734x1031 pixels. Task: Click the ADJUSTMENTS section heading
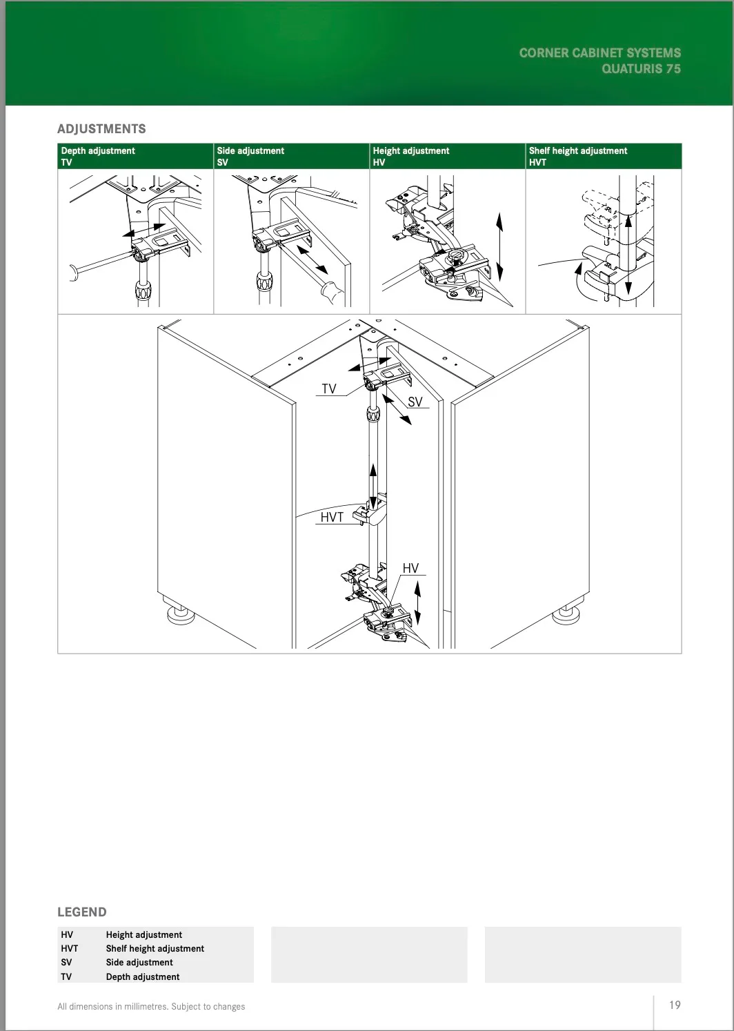(101, 129)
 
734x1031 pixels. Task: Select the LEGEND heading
(82, 912)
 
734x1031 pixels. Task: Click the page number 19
(675, 1005)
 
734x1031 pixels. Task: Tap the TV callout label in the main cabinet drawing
(329, 389)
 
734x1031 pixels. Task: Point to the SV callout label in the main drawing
(415, 402)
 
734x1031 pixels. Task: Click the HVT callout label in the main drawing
(332, 518)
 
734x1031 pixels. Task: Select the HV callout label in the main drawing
(410, 569)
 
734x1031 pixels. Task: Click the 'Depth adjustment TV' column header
(98, 156)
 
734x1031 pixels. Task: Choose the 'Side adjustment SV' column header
(250, 156)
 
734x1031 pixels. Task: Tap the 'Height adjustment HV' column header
(411, 156)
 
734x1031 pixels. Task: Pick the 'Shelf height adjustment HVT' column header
(578, 156)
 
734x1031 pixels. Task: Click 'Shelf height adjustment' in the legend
(155, 949)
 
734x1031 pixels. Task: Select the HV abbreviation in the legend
(67, 935)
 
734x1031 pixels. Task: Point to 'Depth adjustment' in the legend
(143, 976)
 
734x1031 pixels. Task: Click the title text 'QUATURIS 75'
(641, 69)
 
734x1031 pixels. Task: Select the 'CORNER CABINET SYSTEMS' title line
(600, 53)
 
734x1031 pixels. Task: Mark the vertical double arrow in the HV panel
(499, 246)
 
